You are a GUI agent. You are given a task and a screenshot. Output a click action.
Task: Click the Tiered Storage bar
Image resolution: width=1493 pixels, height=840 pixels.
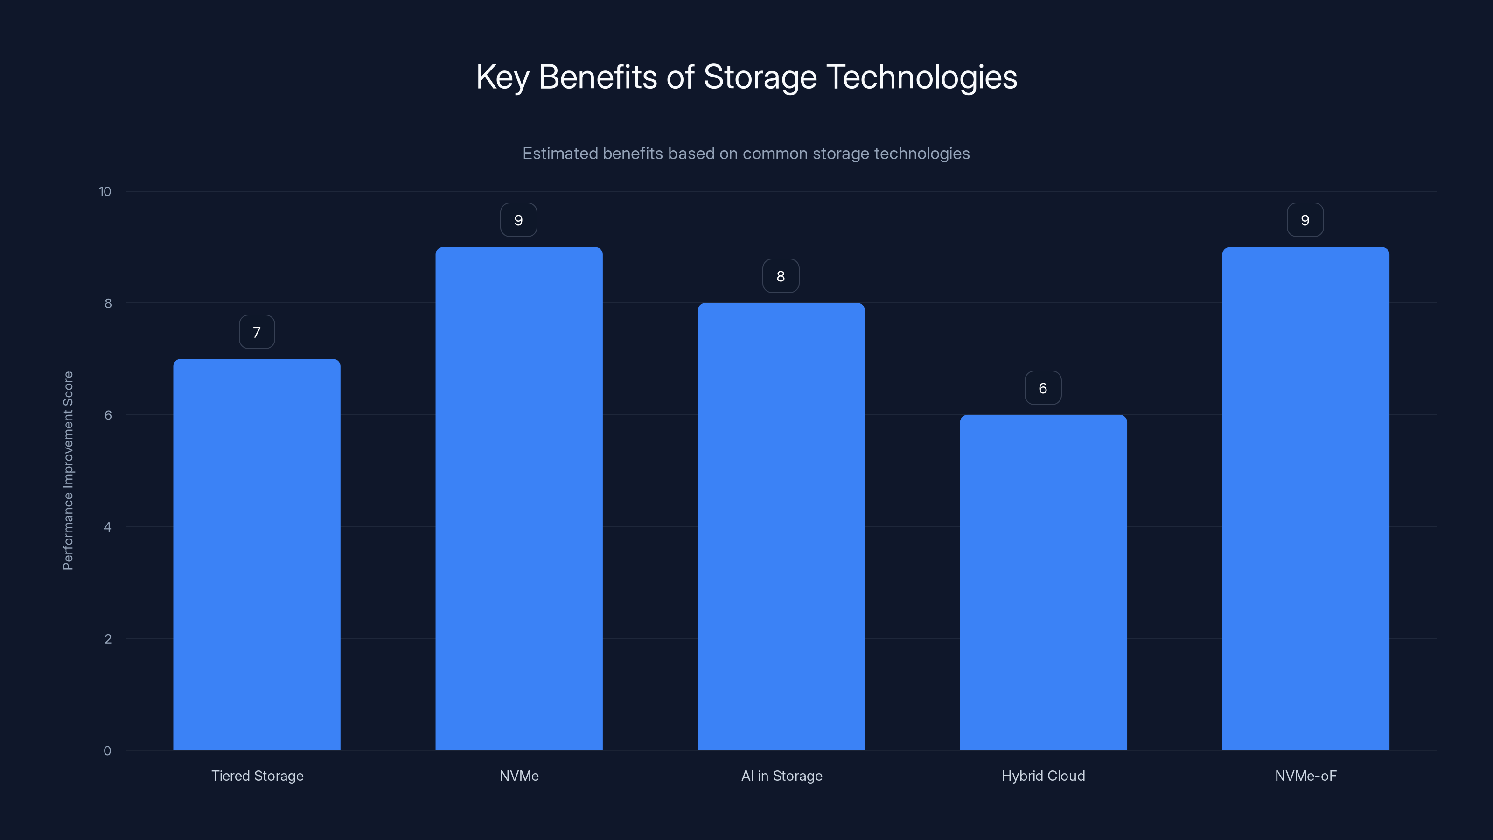coord(257,554)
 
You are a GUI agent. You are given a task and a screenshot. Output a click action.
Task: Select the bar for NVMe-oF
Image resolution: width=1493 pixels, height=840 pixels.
coord(1305,498)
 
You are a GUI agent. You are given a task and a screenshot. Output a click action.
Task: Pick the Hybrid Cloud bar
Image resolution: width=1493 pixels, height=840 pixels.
coord(1043,582)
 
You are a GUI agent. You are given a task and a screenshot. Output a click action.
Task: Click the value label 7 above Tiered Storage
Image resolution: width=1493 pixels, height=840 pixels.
coord(257,332)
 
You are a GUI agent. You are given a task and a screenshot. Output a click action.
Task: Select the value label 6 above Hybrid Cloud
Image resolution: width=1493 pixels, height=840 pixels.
coord(1043,388)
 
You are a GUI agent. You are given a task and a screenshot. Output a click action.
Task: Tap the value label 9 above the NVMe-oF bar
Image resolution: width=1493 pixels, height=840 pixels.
coord(1305,220)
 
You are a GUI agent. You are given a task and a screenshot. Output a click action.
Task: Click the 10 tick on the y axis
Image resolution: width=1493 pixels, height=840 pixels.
coord(105,192)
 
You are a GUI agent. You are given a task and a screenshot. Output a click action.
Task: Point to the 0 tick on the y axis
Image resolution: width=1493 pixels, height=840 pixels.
coord(107,751)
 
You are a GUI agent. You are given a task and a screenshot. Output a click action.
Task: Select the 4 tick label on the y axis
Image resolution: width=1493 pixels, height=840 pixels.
coord(107,527)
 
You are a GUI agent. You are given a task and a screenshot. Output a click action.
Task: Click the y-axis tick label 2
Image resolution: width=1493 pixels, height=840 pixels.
coord(108,639)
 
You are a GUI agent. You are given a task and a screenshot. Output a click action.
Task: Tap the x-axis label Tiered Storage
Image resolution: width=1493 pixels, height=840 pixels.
coord(258,776)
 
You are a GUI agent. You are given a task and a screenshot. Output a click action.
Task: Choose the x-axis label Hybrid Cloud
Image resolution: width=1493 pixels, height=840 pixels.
coord(1043,776)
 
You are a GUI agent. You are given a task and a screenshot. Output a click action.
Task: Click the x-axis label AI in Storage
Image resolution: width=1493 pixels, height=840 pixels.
coord(781,776)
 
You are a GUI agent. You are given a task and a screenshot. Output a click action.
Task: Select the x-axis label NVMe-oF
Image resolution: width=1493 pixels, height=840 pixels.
coord(1305,776)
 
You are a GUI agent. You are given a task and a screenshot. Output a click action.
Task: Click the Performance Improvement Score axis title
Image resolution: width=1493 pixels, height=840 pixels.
coord(68,471)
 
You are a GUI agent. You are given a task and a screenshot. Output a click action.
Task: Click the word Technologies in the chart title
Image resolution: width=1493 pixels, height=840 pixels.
coord(921,77)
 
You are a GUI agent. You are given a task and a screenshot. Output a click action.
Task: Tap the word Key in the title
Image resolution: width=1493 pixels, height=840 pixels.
coord(502,77)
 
